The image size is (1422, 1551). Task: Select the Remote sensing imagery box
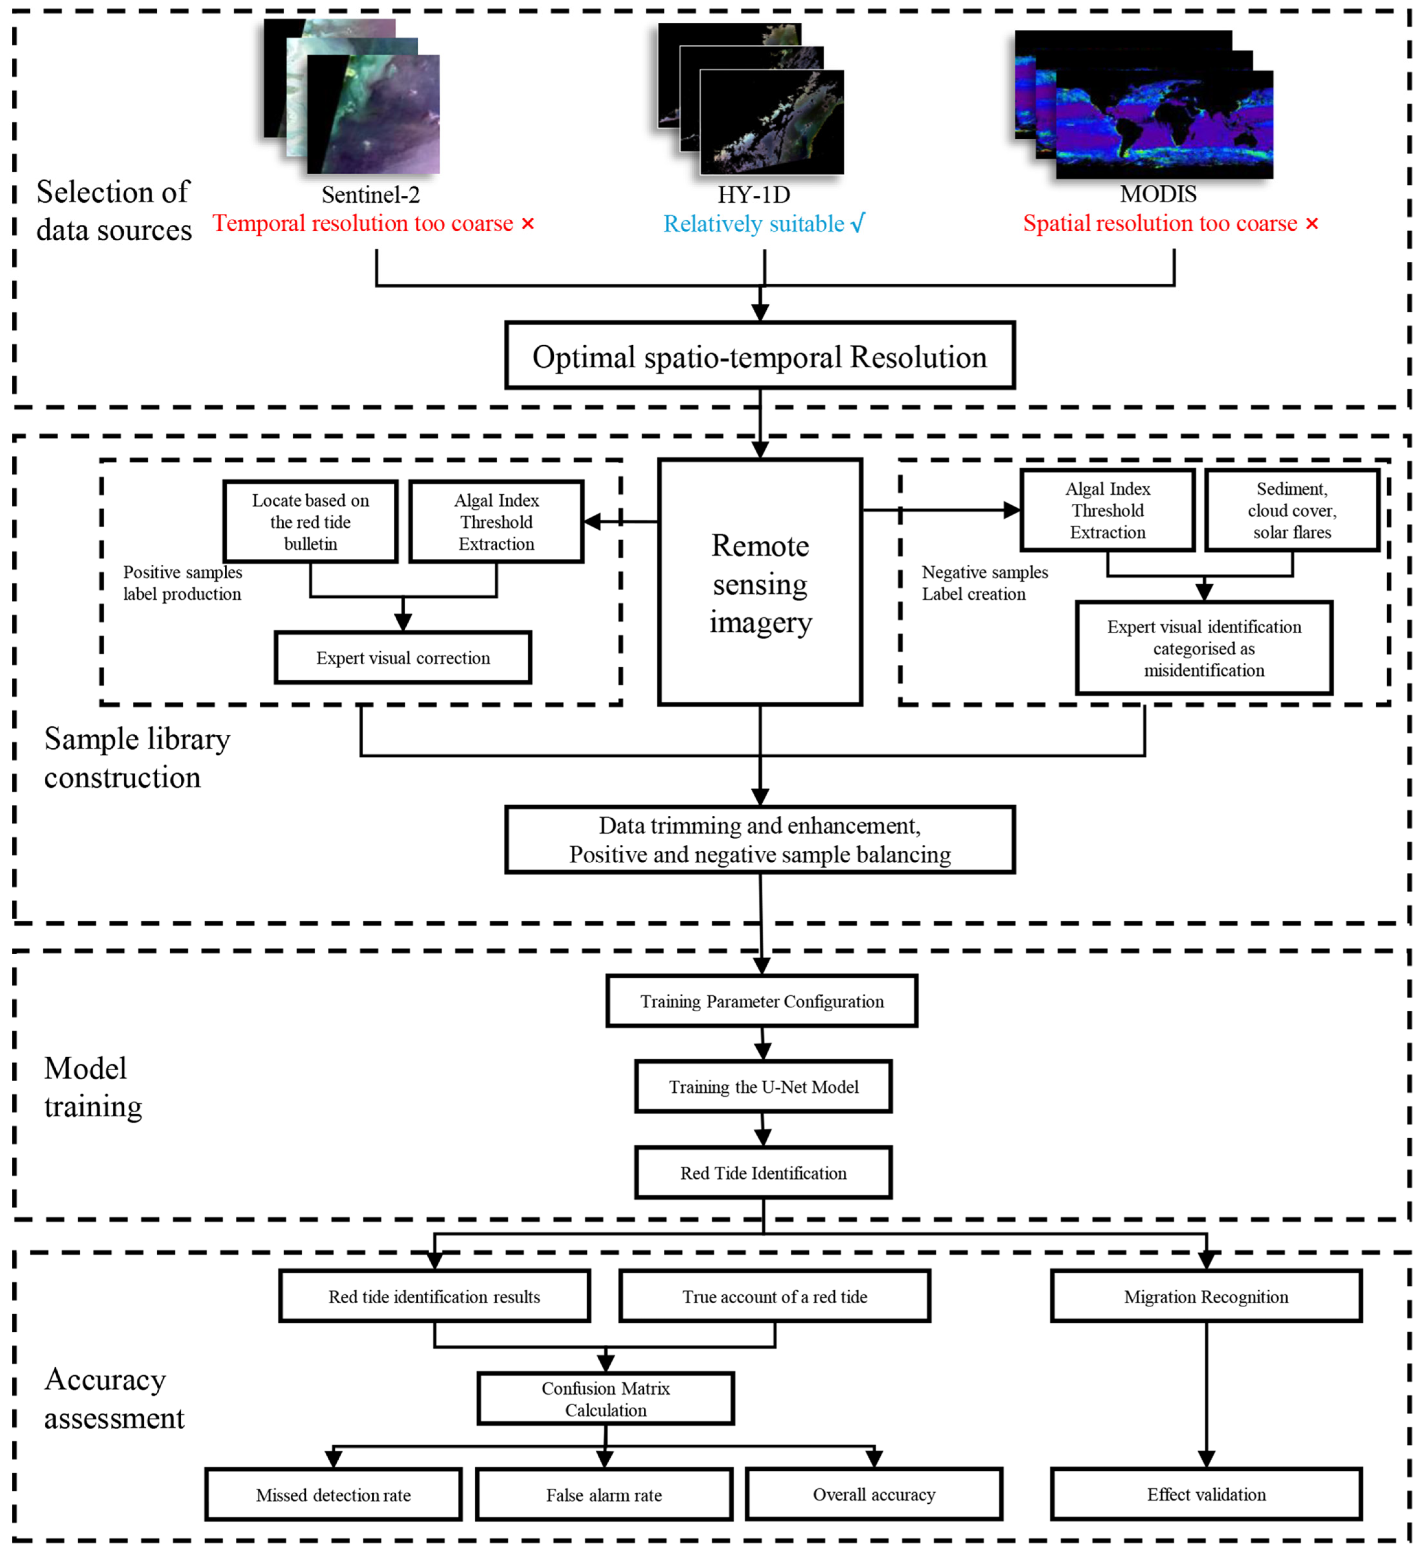coord(760,582)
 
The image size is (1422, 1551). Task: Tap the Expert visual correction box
coord(402,657)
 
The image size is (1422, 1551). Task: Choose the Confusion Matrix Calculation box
coord(605,1399)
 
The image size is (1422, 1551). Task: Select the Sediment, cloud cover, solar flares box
coord(1292,510)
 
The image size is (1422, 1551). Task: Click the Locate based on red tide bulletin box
coord(310,522)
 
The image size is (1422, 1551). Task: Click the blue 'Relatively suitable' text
coord(754,224)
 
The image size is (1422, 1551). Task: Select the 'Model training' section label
coord(93,1087)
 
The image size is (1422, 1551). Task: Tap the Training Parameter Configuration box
coord(762,1001)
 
